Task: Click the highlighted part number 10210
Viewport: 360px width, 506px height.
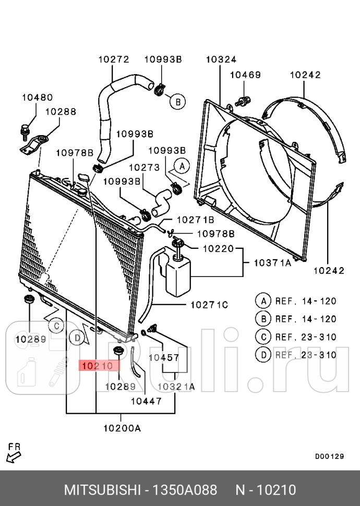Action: pos(98,366)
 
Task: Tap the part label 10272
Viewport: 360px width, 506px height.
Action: pos(114,59)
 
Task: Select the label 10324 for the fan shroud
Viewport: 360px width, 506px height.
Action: pos(221,59)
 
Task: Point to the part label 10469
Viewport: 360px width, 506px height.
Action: pos(245,75)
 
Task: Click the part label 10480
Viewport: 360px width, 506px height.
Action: pos(37,98)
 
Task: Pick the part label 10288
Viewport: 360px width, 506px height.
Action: pos(61,112)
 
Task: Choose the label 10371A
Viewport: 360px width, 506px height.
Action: pos(272,263)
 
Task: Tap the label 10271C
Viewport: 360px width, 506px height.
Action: pos(209,305)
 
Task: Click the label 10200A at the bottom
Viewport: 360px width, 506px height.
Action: pos(122,428)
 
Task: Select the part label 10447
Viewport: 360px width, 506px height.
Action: pos(146,401)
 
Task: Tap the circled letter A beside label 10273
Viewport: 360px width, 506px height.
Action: pos(182,166)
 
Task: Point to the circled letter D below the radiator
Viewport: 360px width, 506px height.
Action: pos(77,338)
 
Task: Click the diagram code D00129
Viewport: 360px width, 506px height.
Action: pos(329,456)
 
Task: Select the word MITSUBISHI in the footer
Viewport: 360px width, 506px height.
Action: pos(102,490)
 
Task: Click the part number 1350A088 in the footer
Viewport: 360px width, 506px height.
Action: pos(185,490)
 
